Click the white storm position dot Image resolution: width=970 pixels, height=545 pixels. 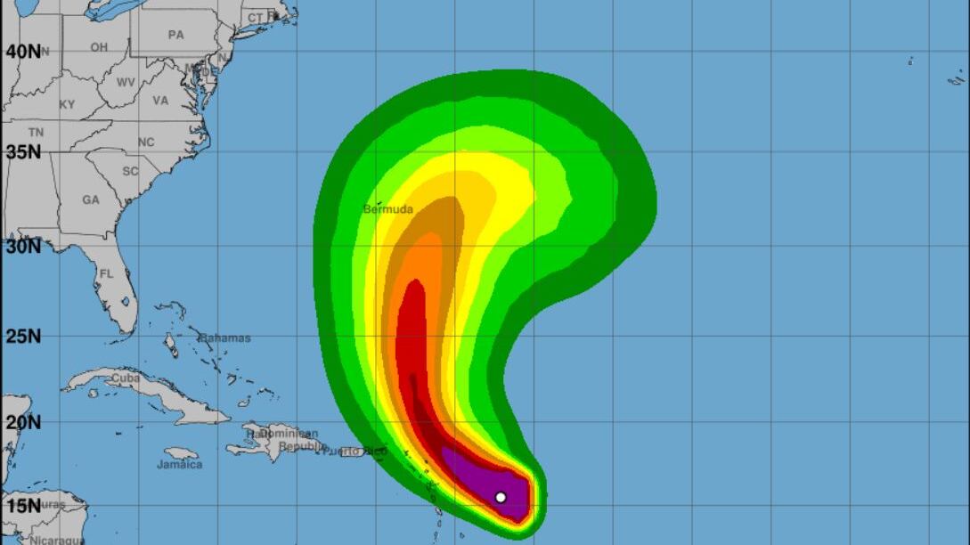pyautogui.click(x=501, y=497)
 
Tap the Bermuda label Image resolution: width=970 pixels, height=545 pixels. pyautogui.click(x=388, y=209)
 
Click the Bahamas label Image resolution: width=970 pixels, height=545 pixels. pyautogui.click(x=224, y=338)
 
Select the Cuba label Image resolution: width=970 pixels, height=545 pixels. pyautogui.click(x=126, y=378)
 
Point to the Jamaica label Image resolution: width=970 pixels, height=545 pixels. pyautogui.click(x=180, y=464)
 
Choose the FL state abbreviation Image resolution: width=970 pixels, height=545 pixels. pyautogui.click(x=106, y=274)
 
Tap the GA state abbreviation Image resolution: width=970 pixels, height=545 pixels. pyautogui.click(x=91, y=200)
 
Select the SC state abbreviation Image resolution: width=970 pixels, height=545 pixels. pyautogui.click(x=131, y=171)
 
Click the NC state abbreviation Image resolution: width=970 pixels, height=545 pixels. pyautogui.click(x=146, y=142)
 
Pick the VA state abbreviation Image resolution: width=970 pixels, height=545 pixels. pyautogui.click(x=160, y=101)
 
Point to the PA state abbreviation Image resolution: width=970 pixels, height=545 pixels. pyautogui.click(x=176, y=35)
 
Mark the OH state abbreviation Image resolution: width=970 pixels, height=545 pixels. pyautogui.click(x=99, y=47)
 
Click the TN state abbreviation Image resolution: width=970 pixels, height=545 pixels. pyautogui.click(x=36, y=133)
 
